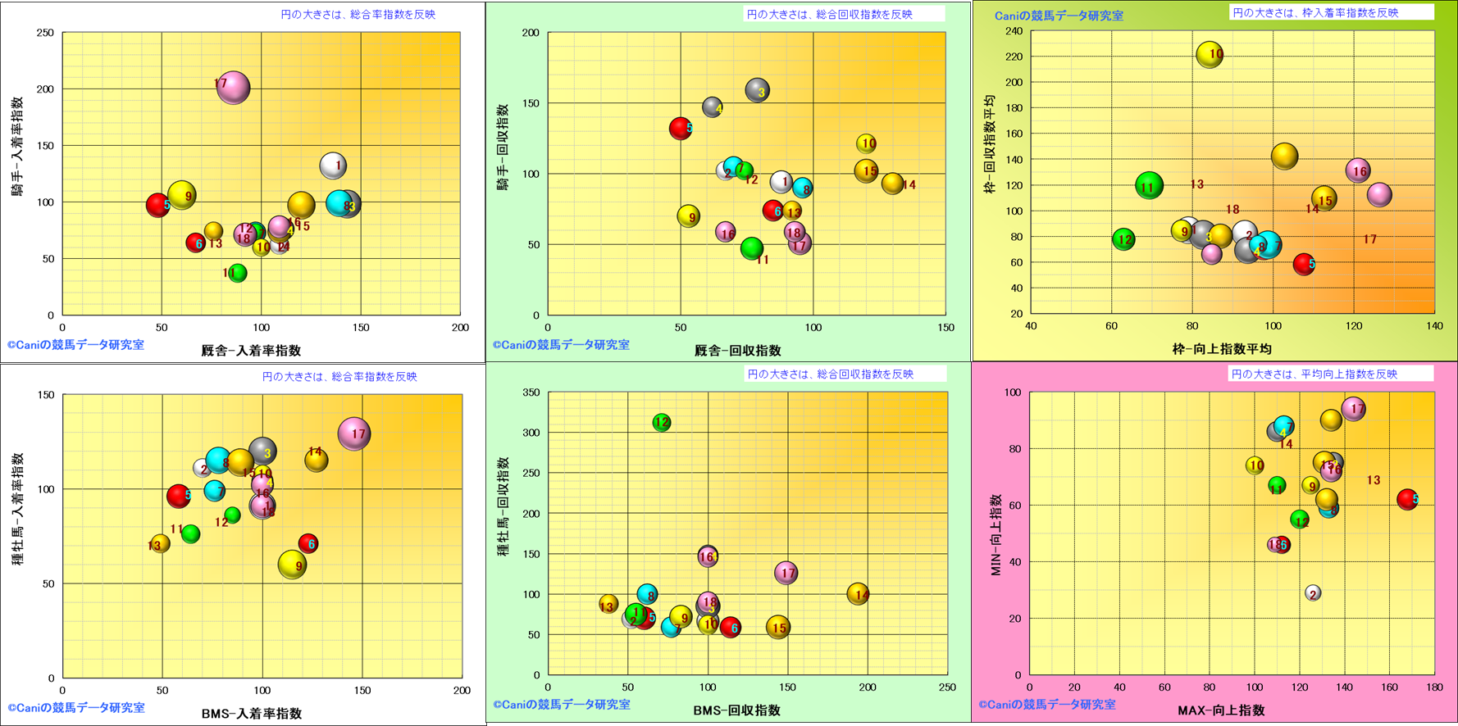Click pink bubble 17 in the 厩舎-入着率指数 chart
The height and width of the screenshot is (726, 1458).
234,88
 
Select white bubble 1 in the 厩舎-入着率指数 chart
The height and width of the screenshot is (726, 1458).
333,166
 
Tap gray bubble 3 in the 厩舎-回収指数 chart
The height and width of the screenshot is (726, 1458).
757,91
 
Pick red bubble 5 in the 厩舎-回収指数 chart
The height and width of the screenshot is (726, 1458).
681,128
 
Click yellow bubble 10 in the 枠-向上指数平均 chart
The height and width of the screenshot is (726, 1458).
1210,55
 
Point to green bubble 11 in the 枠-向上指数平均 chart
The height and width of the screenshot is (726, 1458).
1150,186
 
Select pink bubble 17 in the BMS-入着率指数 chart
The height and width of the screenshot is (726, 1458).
354,433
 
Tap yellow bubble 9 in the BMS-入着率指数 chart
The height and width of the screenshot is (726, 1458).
293,565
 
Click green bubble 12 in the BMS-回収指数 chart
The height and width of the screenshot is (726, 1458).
662,423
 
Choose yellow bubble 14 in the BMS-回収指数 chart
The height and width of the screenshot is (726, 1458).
858,594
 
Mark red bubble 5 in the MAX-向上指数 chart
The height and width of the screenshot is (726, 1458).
1407,499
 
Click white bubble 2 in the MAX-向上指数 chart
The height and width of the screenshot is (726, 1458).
1313,593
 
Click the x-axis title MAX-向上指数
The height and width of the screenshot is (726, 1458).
1221,710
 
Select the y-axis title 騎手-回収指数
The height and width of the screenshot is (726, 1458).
503,147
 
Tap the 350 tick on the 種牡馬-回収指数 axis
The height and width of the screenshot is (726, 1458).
531,392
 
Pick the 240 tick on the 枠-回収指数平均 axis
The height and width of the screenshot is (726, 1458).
1014,31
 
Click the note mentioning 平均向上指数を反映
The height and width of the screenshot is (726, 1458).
1314,374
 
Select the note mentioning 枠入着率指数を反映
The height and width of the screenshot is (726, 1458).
1315,12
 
